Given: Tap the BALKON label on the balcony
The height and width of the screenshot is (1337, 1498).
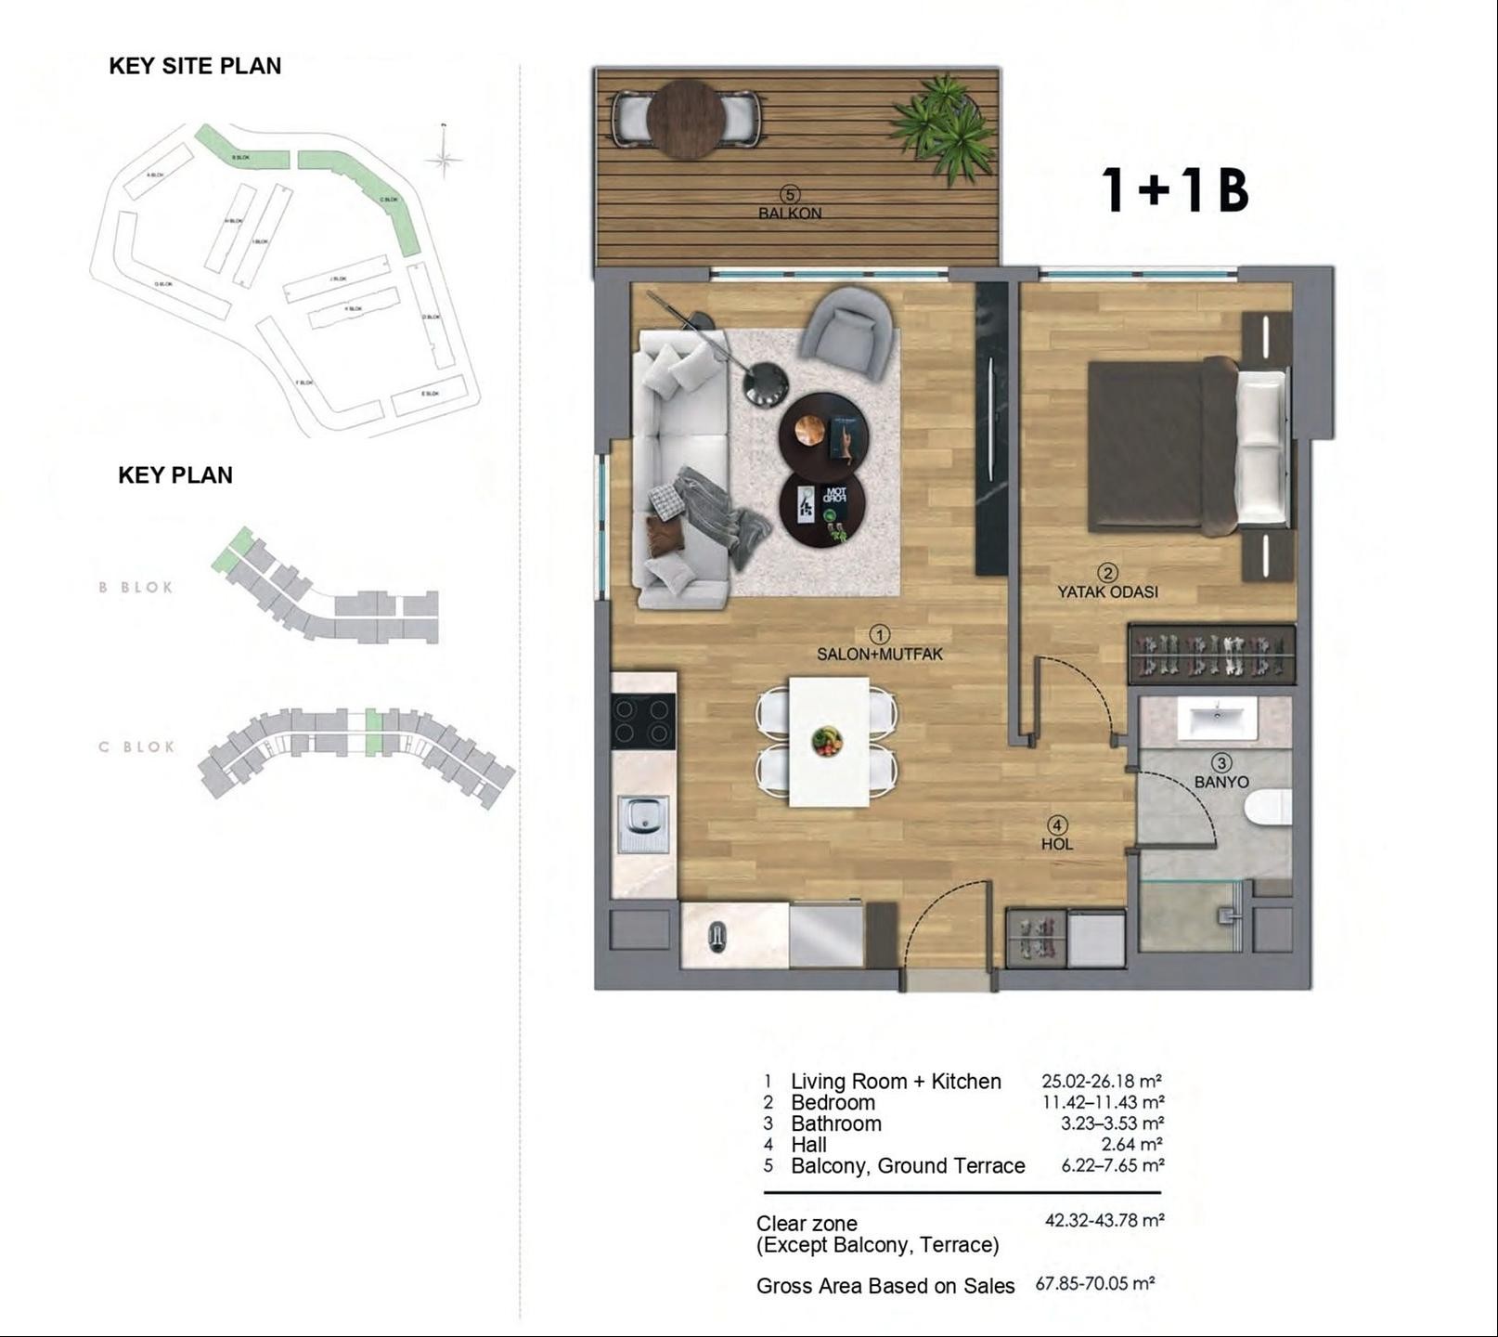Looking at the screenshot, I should (790, 213).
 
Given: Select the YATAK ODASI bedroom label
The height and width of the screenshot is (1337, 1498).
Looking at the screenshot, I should (1107, 591).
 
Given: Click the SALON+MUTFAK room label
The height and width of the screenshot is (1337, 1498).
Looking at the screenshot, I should (879, 654).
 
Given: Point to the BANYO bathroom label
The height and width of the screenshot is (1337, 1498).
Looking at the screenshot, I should (1221, 782).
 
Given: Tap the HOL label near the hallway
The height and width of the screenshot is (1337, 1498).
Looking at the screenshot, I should (1057, 844).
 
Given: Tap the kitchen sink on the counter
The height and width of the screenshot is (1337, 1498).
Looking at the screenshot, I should (643, 823).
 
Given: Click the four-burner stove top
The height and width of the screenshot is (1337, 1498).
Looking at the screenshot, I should (642, 721).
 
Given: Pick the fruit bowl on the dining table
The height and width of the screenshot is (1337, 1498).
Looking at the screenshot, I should (827, 741).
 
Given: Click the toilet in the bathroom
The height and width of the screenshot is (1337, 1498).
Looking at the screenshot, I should (1269, 807).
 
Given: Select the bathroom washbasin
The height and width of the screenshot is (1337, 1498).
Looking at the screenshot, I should (1217, 719).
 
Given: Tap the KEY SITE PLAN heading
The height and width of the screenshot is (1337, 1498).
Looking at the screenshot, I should (195, 66).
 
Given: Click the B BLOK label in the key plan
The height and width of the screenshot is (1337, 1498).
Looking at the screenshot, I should (136, 588).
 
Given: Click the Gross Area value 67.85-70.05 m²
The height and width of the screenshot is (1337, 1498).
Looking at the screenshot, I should (1095, 1284).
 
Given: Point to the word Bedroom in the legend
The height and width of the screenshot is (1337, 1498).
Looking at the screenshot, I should (833, 1103).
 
